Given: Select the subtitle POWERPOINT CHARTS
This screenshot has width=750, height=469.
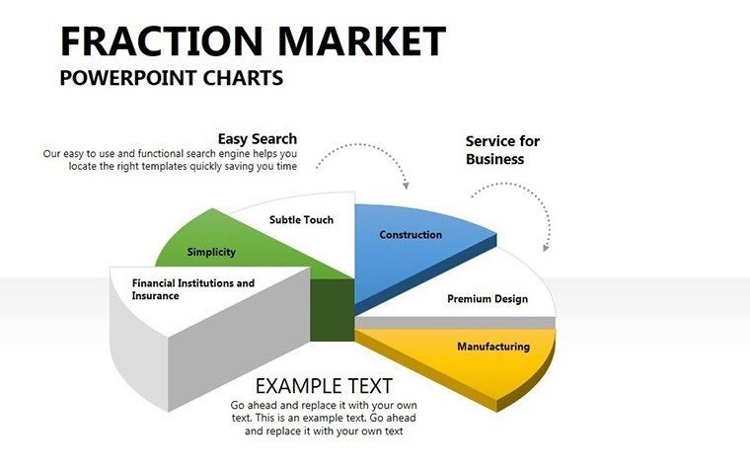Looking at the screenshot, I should tap(172, 78).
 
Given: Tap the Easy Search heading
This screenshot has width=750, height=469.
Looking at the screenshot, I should tap(258, 139).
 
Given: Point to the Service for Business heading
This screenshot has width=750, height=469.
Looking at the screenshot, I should tap(502, 150).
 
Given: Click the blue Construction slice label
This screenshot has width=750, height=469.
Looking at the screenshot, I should tap(411, 235).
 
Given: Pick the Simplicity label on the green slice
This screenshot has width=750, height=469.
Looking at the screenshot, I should tap(211, 252).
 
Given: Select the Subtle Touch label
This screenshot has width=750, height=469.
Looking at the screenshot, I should tap(301, 220).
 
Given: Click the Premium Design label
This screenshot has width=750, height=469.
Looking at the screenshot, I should tap(487, 298).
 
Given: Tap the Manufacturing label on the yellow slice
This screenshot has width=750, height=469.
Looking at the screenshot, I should tap(492, 347).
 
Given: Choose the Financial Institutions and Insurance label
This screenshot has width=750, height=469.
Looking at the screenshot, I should tap(193, 289).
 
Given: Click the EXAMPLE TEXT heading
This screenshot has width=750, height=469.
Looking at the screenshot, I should tap(324, 386).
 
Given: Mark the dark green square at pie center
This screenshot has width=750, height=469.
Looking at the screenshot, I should tap(332, 311).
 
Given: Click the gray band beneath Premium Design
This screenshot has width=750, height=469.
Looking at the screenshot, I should tap(454, 323).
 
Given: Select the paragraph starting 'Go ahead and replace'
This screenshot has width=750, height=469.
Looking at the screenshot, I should tap(324, 418).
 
